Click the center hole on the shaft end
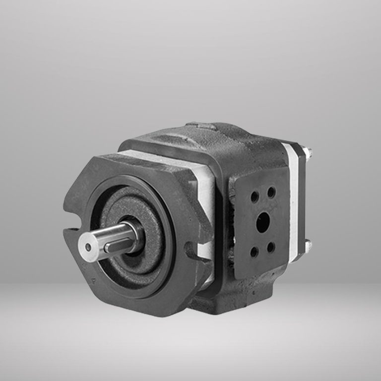coord(88,247)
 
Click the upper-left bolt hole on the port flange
coord(254,197)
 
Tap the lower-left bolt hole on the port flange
coord(254,252)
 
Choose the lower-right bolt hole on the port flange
coord(271,246)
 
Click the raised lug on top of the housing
coord(201,126)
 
